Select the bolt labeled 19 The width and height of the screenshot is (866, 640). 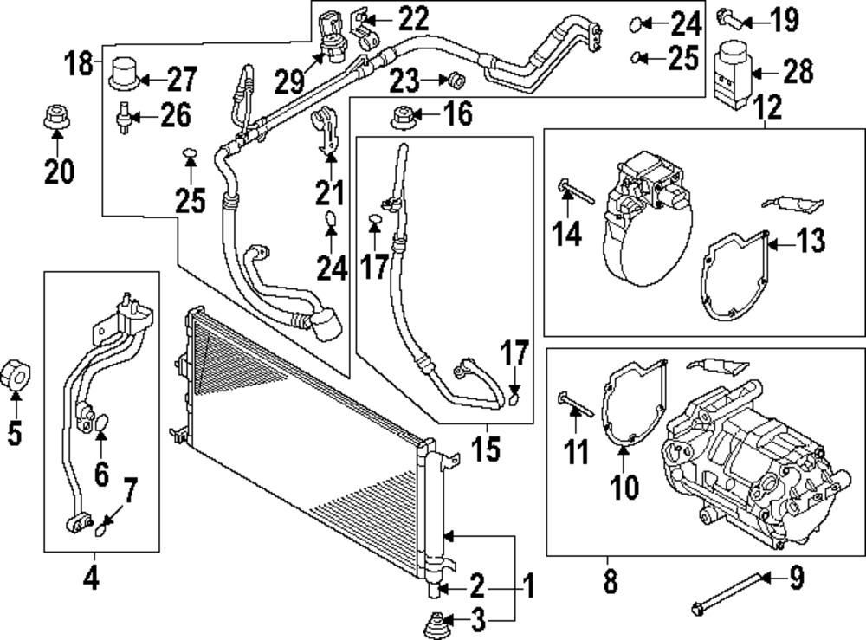tap(727, 16)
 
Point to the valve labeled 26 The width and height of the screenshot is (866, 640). tap(126, 115)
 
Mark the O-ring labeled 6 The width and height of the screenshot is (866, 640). tap(100, 423)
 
